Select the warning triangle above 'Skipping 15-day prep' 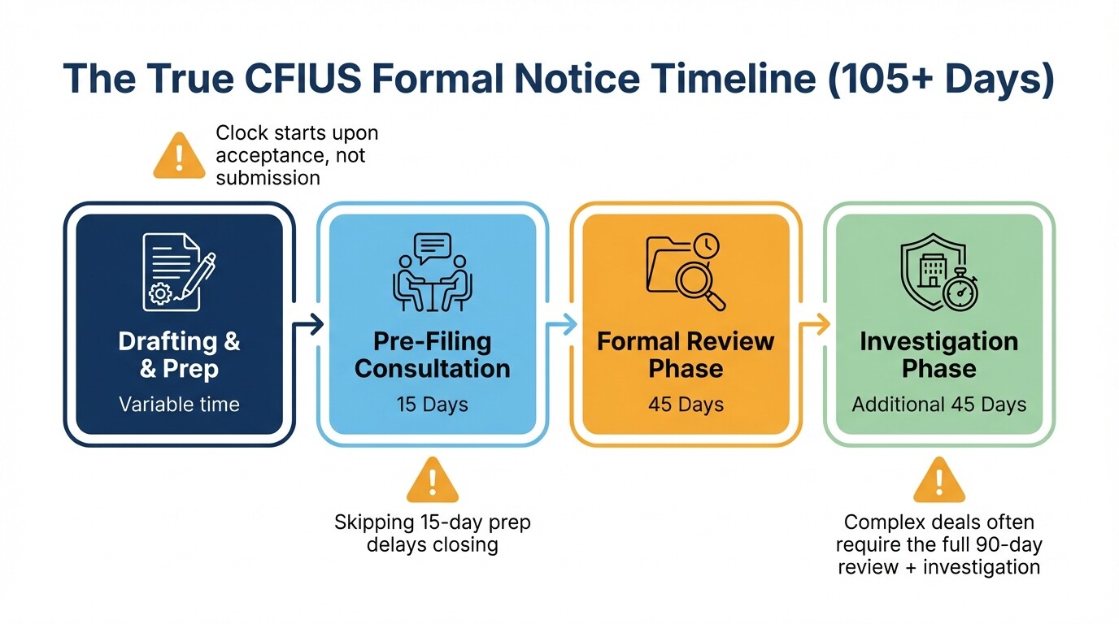click(432, 481)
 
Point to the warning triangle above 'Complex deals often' click(938, 481)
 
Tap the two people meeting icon click(432, 273)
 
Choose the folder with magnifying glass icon click(685, 273)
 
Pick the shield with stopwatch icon click(938, 273)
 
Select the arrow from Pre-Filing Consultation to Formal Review click(561, 325)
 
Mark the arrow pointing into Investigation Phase click(814, 325)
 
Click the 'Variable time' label click(179, 404)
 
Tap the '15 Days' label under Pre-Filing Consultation click(432, 404)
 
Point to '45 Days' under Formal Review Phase click(685, 404)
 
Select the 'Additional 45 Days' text click(938, 404)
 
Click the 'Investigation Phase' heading click(938, 355)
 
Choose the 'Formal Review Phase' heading click(685, 355)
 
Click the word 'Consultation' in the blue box click(432, 369)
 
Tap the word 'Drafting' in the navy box click(168, 341)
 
